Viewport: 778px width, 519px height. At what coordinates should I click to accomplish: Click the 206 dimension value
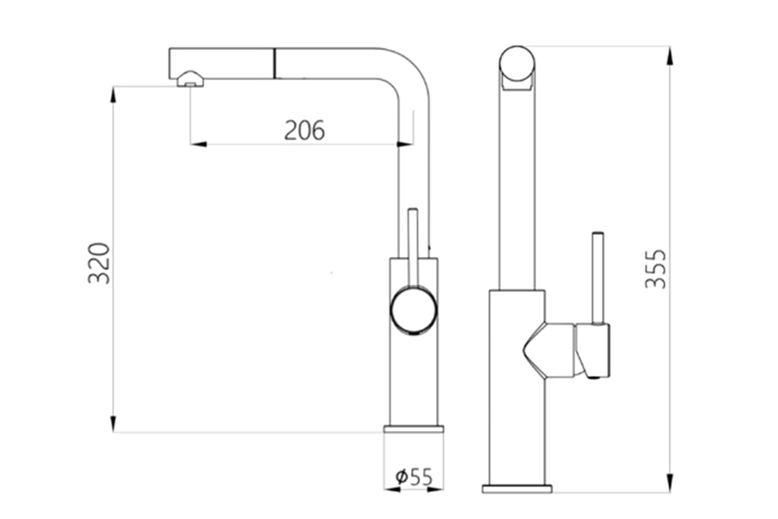[304, 130]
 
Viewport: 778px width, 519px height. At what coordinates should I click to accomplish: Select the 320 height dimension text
[99, 263]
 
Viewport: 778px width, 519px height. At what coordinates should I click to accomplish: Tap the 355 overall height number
[656, 269]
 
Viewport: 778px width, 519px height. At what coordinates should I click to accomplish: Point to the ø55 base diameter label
[414, 477]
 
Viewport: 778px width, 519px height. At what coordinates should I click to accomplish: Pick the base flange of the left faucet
[413, 429]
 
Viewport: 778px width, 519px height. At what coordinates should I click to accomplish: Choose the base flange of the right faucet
[517, 489]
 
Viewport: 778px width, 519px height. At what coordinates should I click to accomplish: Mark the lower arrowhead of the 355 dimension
[670, 483]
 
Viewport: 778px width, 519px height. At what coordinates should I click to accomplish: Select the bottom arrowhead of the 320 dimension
[113, 424]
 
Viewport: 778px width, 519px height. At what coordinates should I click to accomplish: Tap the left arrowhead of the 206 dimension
[199, 144]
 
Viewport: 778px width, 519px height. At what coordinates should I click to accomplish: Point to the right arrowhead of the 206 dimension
[405, 144]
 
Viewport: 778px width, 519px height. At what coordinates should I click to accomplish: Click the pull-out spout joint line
[275, 64]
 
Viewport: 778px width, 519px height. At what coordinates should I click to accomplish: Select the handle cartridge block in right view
[593, 351]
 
